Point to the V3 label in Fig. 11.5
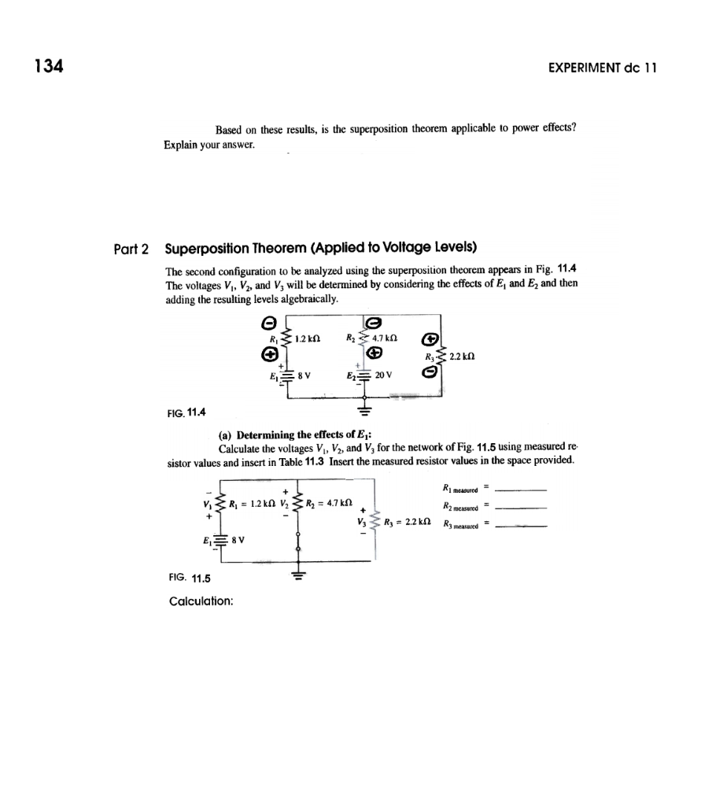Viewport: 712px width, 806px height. pyautogui.click(x=362, y=520)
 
